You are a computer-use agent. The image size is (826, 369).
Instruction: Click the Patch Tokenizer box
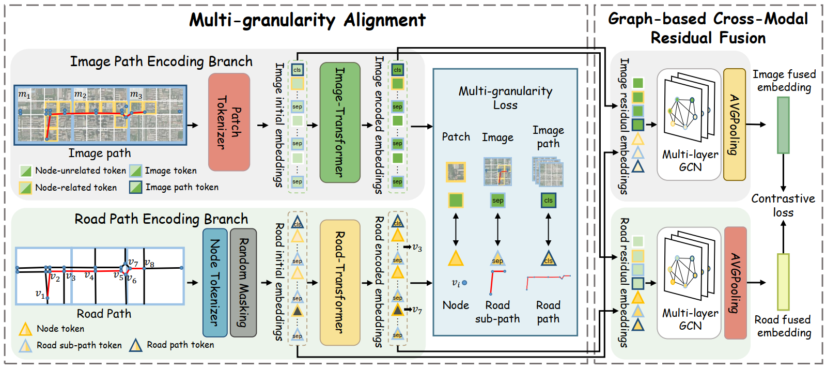[229, 122]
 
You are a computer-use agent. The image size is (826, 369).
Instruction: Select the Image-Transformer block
[339, 122]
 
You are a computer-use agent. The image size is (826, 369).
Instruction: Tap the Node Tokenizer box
[215, 282]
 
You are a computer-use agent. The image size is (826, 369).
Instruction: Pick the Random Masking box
[243, 282]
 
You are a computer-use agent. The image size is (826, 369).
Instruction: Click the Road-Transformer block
[339, 282]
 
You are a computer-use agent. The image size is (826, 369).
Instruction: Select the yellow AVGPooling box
[735, 125]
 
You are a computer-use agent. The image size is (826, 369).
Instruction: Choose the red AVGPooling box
[735, 283]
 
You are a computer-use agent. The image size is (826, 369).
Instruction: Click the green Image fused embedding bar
[783, 125]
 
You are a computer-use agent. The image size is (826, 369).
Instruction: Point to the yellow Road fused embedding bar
[783, 282]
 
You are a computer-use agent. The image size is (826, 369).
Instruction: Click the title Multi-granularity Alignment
[307, 20]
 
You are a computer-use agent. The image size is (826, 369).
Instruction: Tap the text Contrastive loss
[783, 206]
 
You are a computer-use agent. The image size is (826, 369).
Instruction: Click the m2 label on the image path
[80, 95]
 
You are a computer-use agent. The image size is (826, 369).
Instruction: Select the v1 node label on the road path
[40, 294]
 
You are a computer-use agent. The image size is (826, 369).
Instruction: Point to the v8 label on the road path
[149, 263]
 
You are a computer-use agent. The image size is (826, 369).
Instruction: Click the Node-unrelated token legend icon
[26, 171]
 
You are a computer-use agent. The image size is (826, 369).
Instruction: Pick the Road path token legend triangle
[136, 345]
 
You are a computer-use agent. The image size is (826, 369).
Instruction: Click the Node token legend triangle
[25, 329]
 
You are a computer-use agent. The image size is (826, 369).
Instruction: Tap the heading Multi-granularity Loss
[505, 98]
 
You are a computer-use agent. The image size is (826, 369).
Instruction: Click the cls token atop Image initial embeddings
[297, 70]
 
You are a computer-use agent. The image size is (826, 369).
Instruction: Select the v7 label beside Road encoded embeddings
[417, 310]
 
